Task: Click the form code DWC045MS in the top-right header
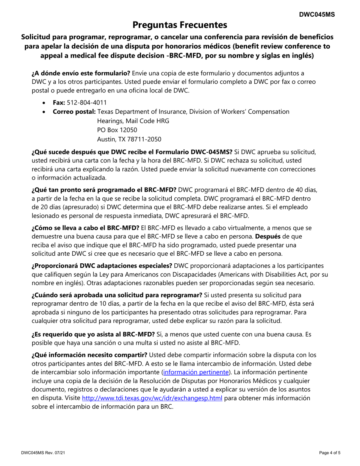click(317, 14)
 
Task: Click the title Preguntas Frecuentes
click(180, 25)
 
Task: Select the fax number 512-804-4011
click(87, 103)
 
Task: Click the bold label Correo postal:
click(74, 112)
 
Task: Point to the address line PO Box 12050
click(117, 130)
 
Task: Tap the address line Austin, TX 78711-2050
click(129, 139)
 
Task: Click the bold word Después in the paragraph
click(267, 236)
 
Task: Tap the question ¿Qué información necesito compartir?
click(89, 355)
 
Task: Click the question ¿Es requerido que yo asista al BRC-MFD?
click(93, 334)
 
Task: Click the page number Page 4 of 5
click(330, 452)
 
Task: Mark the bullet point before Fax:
click(45, 103)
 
